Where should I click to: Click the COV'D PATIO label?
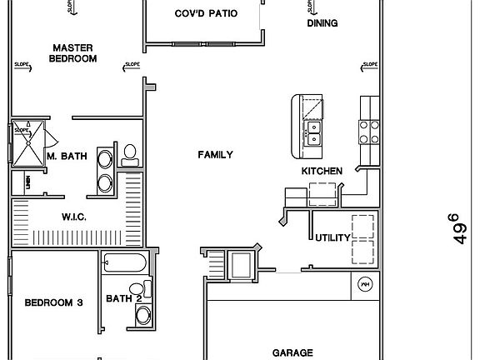click(x=205, y=14)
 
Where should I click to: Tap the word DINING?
click(x=322, y=23)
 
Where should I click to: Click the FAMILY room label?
click(x=214, y=154)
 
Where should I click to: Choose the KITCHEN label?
click(x=322, y=171)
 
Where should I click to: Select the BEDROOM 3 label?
click(x=52, y=302)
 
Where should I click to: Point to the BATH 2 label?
click(x=123, y=299)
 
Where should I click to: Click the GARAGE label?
click(x=292, y=352)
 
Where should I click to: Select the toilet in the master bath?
click(x=129, y=152)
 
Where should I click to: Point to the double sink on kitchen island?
click(x=315, y=136)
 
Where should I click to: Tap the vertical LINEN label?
click(x=27, y=182)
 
